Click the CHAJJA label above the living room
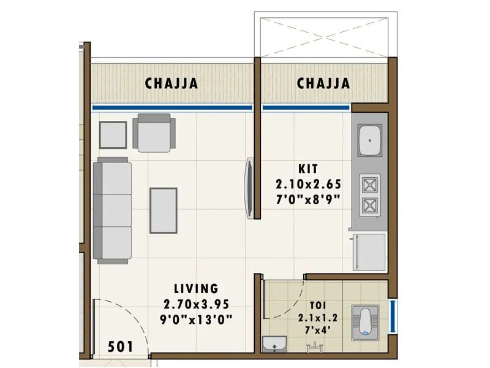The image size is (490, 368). coord(171,83)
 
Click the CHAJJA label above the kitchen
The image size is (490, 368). coord(323,83)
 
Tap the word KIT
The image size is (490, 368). coord(309,167)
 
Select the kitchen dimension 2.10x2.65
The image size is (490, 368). coord(309,183)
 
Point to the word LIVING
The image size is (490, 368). coord(195,288)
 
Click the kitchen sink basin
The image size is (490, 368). coord(370,140)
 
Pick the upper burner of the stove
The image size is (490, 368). coord(369,183)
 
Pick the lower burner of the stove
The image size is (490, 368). coord(369,204)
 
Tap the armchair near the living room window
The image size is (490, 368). coord(154,132)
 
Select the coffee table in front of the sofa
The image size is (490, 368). coord(164,210)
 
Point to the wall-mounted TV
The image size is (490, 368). coord(249,188)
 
